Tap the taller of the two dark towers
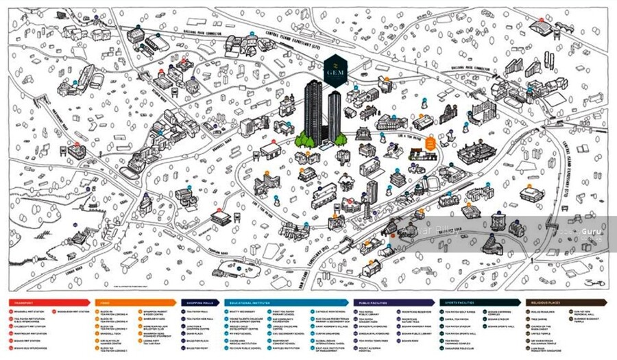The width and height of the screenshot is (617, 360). (313, 110)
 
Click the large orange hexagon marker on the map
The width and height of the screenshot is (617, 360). (430, 143)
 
